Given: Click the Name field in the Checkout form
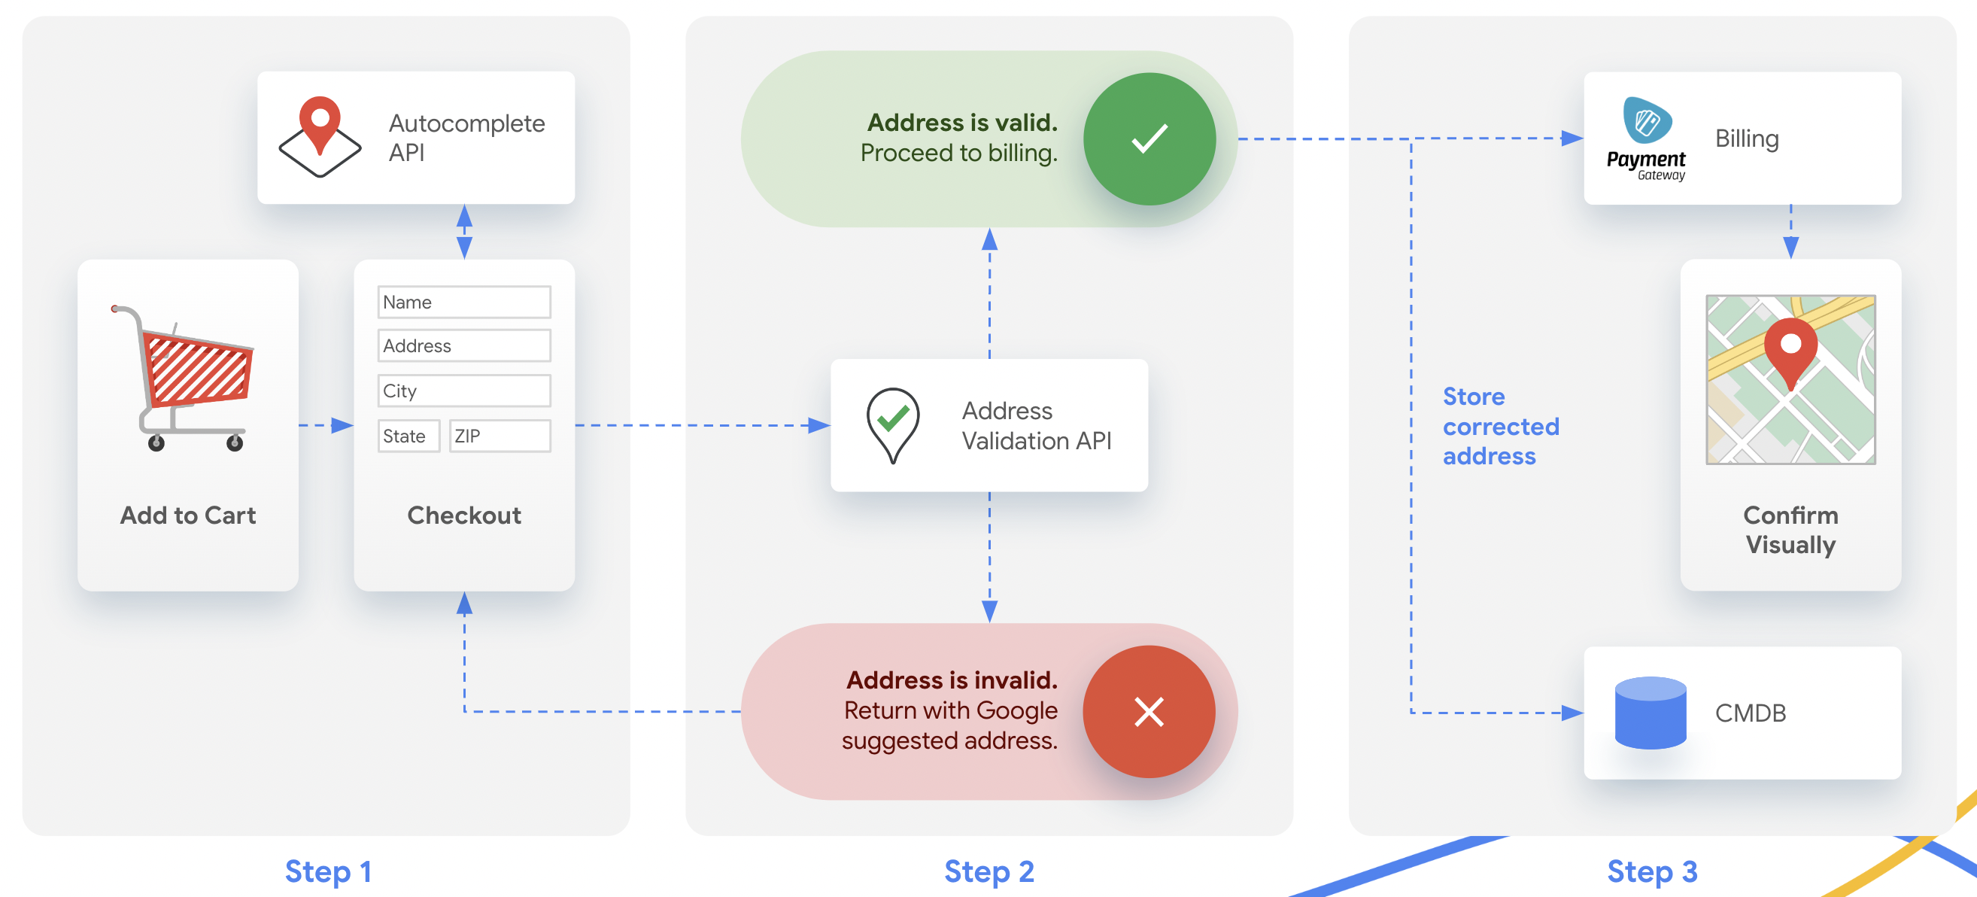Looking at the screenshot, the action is point(463,302).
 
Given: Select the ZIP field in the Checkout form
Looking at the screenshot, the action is point(500,436).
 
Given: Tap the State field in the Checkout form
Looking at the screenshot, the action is point(408,436).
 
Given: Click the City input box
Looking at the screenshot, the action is point(463,390).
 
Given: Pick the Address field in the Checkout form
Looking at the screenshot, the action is point(463,345).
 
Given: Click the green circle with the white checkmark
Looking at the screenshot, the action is point(1149,139).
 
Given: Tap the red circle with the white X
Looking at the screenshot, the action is point(1149,712).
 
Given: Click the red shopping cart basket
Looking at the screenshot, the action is point(198,368).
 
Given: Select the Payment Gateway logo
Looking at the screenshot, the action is point(1646,139).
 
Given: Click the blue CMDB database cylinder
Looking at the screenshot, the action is point(1650,713).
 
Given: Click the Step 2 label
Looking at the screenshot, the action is point(989,871).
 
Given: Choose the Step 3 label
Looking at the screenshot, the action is point(1652,871).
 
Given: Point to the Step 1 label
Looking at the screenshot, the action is point(329,871).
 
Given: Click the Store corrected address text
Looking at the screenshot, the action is point(1501,426).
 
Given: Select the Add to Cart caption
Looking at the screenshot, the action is point(188,515).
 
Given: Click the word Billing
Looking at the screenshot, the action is point(1747,139).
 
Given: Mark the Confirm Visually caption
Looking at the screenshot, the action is point(1790,529).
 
